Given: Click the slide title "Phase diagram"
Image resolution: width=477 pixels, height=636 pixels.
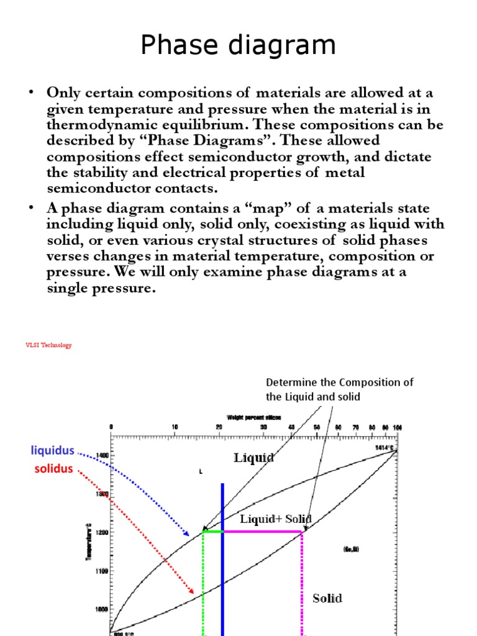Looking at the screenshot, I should [x=238, y=46].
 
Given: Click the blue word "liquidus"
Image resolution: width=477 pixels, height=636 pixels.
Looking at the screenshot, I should [x=53, y=450].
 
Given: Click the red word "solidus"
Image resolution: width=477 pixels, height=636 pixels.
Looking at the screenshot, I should [x=53, y=469].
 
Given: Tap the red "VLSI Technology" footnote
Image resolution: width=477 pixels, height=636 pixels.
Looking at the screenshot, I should [x=48, y=345].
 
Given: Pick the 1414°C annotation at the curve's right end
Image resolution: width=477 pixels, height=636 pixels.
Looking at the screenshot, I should [x=383, y=447].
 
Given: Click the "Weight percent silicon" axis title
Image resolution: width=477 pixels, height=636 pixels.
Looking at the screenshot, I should [x=254, y=417].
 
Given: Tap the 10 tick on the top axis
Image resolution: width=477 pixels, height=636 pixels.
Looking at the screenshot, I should [x=175, y=427].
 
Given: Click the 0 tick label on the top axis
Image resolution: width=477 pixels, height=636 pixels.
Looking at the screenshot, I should [x=111, y=427].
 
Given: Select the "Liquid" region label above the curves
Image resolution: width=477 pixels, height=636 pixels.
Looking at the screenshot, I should [x=254, y=458].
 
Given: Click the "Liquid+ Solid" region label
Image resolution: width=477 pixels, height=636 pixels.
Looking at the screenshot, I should [x=276, y=519].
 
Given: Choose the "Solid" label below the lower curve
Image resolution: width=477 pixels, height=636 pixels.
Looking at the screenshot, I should [x=327, y=598].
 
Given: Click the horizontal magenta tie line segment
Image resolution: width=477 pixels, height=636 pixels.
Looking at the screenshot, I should [x=261, y=532].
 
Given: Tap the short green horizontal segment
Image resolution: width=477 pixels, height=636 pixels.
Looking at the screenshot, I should [x=212, y=532].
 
